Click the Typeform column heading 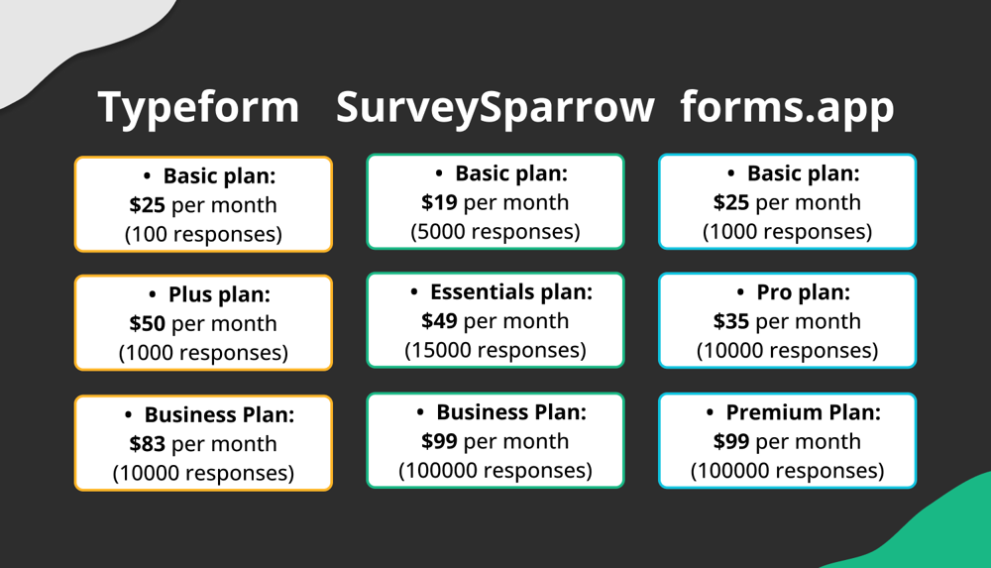point(198,107)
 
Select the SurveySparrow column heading point(495,107)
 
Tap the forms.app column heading point(787,107)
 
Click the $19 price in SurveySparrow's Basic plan point(439,202)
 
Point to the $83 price point(147,443)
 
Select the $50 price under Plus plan point(147,323)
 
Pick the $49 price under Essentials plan point(439,321)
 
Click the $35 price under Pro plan point(731,321)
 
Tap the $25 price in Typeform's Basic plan point(147,205)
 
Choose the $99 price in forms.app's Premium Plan point(731,441)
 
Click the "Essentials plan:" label point(510,292)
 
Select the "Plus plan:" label point(219,294)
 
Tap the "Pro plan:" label point(803,292)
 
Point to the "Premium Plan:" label point(803,412)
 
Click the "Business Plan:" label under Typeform point(219,414)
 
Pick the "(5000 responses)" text point(495,232)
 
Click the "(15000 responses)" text point(495,350)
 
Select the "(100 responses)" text point(203,235)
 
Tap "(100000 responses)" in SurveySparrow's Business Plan point(495,470)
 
